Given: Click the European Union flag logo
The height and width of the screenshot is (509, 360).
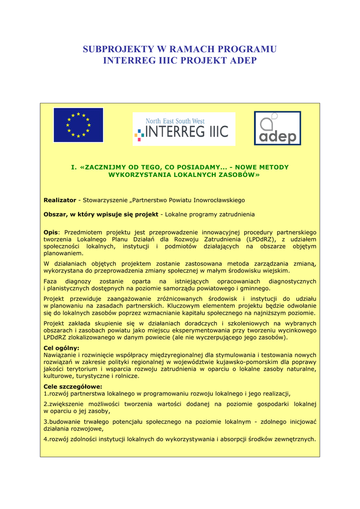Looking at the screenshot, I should (78, 125).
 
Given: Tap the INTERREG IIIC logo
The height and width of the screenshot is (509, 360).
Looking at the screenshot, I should (183, 129).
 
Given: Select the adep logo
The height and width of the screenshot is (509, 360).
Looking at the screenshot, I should (277, 128).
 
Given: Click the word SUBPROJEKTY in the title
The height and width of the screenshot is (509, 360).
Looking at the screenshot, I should (118, 49).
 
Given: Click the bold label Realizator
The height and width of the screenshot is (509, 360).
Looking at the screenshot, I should (60, 200).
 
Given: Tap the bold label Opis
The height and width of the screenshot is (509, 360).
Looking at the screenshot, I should (51, 232).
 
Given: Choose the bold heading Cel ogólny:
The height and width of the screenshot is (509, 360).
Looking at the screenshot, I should (62, 348).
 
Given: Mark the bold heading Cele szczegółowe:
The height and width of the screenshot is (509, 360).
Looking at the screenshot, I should (73, 386).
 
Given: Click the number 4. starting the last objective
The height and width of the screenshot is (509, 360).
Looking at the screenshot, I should (46, 439).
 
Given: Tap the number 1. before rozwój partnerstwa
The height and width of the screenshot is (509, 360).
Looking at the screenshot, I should (46, 393).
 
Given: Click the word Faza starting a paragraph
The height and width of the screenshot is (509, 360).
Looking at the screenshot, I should (50, 281).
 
